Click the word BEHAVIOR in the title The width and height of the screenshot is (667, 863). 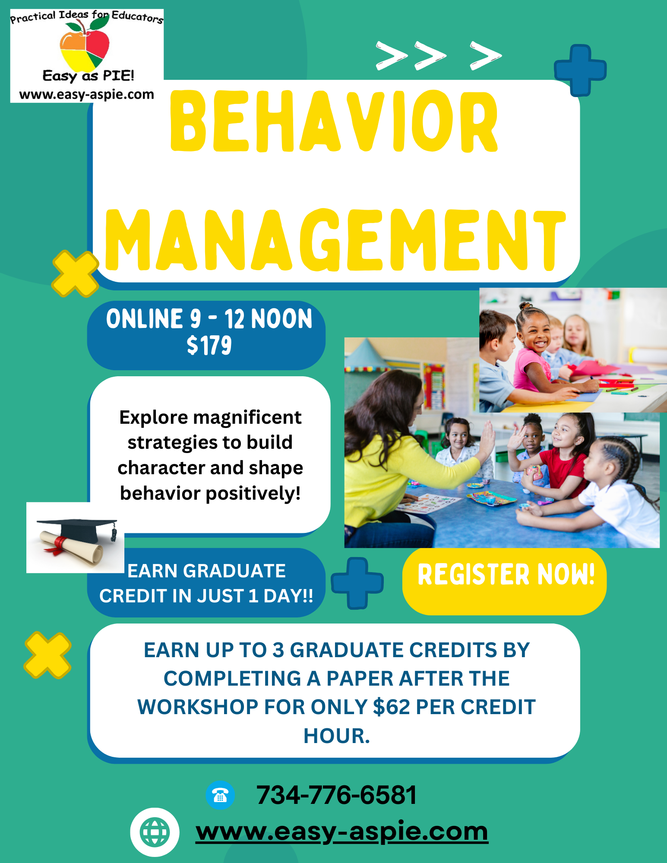[335, 121]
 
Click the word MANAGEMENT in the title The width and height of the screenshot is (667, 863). [335, 240]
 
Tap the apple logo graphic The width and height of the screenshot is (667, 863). [85, 45]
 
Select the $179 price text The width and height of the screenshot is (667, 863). [209, 346]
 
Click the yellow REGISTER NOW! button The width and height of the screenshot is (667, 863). [504, 581]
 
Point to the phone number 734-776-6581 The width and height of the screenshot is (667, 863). [337, 795]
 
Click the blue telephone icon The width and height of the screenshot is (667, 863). [220, 795]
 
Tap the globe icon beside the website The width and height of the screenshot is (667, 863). [155, 832]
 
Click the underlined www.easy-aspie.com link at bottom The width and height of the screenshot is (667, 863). [342, 832]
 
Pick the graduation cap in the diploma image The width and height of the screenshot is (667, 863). [82, 530]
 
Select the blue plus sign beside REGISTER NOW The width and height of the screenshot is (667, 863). [357, 583]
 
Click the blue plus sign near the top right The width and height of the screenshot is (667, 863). [580, 70]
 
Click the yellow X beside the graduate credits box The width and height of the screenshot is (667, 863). [47, 655]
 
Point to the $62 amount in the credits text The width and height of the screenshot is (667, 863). [391, 707]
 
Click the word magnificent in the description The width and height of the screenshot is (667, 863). [247, 418]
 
